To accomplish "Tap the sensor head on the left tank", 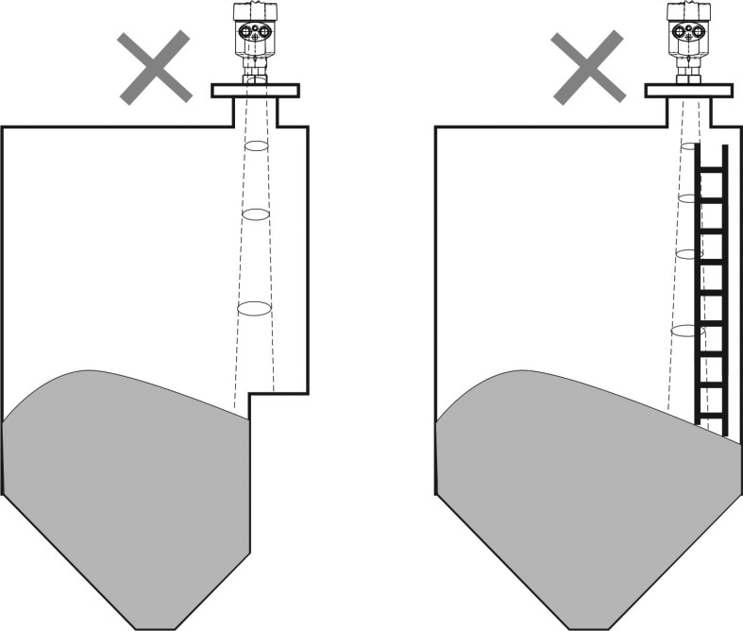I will point(253,32).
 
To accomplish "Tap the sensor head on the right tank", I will point(688,32).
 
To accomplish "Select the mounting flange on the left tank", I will point(254,91).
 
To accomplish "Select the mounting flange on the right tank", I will point(689,91).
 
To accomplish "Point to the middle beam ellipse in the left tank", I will point(256,214).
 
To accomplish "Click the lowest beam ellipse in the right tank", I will point(688,331).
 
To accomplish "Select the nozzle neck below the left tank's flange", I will point(254,111).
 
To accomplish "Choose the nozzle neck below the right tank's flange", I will point(689,111).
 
